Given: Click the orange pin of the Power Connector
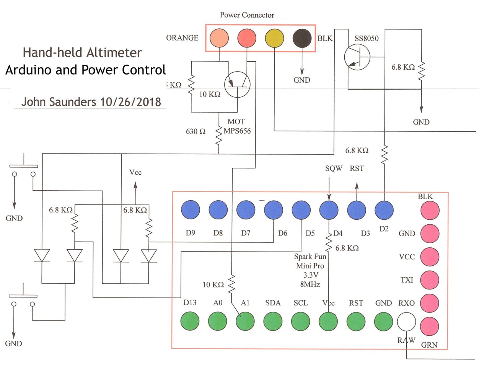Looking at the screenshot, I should click(x=219, y=38).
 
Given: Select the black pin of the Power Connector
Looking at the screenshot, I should click(x=302, y=38).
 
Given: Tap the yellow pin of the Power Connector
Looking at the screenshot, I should click(x=274, y=38).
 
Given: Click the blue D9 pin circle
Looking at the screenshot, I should click(x=191, y=210).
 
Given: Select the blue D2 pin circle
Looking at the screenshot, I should click(x=384, y=210).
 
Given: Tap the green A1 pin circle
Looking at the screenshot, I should click(x=245, y=321).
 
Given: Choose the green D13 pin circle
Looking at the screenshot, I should click(x=190, y=321).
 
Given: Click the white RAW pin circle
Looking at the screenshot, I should click(x=406, y=322).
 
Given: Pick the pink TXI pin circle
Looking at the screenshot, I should click(x=430, y=280).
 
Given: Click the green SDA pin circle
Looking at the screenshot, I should click(x=273, y=321).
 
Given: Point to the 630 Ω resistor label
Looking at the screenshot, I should click(x=196, y=132).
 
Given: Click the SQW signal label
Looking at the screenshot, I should click(x=334, y=168).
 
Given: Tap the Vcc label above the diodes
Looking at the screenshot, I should click(x=135, y=172).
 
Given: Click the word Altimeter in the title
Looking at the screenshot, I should click(x=114, y=52).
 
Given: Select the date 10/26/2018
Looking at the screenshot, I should click(x=130, y=102).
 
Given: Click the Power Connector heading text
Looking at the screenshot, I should click(x=247, y=15).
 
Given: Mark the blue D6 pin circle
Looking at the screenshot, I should click(x=274, y=210).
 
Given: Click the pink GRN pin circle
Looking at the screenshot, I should click(x=430, y=327).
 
